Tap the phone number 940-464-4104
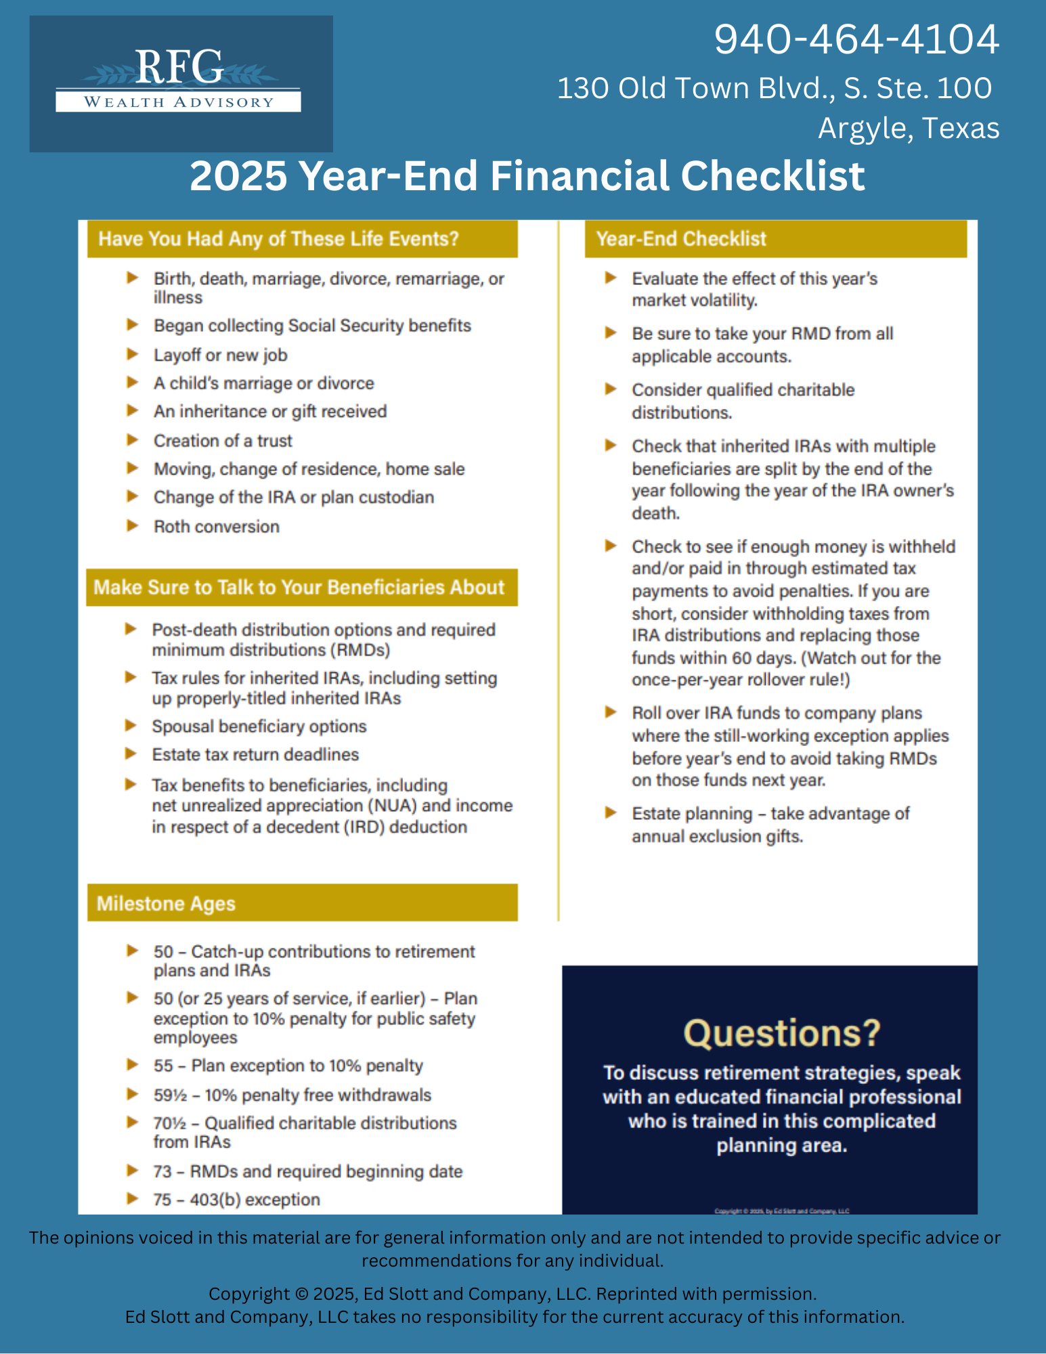[856, 39]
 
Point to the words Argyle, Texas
[908, 128]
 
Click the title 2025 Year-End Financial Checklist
[527, 176]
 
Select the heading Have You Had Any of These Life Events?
[278, 239]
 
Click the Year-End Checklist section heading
[680, 239]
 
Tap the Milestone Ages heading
[166, 904]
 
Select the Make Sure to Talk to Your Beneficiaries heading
[299, 587]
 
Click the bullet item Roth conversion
[216, 527]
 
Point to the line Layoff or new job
[220, 355]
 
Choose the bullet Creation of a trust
[223, 441]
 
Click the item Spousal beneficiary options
[259, 726]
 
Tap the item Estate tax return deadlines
[255, 755]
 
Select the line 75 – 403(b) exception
[236, 1200]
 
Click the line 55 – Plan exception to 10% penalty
[288, 1066]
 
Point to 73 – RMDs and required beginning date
[307, 1172]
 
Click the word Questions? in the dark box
[781, 1034]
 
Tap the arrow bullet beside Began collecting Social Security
[133, 325]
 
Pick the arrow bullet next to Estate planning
[611, 812]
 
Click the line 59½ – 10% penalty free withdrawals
[292, 1095]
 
